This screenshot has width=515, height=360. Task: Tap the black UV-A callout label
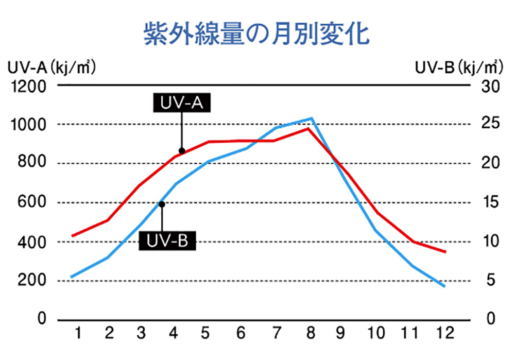click(x=182, y=102)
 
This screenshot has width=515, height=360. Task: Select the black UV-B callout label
click(x=167, y=241)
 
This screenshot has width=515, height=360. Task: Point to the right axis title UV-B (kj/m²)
click(x=457, y=67)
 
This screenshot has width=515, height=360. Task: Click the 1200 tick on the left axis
click(x=29, y=87)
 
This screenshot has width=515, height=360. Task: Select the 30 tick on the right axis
click(x=491, y=87)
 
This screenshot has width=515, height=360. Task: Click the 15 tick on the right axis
click(x=490, y=203)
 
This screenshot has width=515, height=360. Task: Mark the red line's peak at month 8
click(x=307, y=128)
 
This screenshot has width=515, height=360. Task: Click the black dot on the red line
click(x=181, y=151)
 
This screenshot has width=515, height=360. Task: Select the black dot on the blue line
click(x=162, y=204)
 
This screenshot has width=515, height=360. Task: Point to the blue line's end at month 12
click(x=444, y=286)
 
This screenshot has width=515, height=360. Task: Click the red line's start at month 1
click(x=73, y=236)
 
